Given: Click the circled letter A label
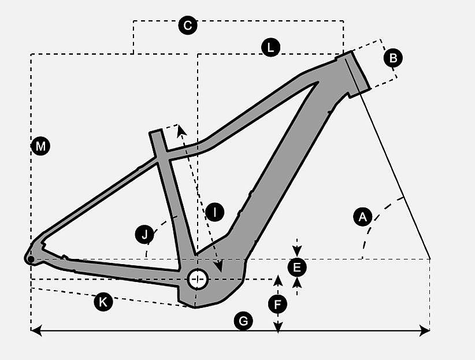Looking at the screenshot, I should coord(362,217).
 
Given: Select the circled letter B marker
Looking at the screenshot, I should coord(394,58).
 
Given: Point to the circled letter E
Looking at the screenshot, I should coord(297,267).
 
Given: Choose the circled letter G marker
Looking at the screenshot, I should coord(244,321).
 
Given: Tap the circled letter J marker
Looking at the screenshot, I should coord(144,234).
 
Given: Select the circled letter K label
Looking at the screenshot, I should coord(103,302).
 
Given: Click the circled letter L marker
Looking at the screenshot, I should coord(270,48).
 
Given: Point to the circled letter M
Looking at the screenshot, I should coord(40,147).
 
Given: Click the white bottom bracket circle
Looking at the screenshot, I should coord(198,279).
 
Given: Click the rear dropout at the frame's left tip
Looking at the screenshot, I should coord(30,258).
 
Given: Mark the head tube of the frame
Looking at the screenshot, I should coord(352,73).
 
